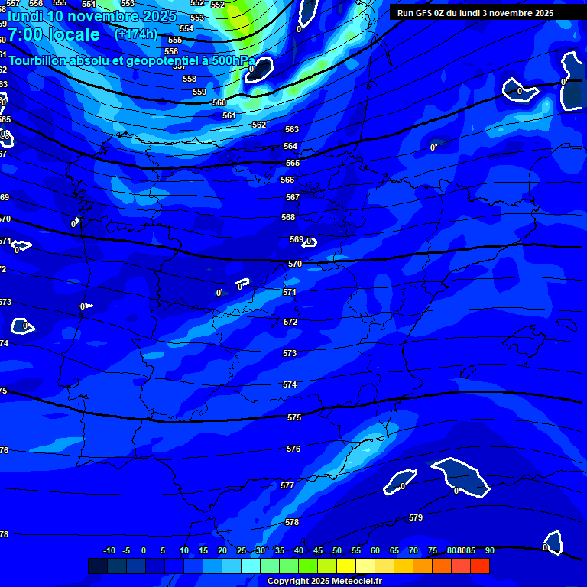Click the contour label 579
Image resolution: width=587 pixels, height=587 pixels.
416,517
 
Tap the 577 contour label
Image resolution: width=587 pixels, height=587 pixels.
287,485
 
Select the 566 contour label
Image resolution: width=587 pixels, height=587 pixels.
287,180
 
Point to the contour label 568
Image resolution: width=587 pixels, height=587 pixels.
288,217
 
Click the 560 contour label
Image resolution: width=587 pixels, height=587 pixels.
219,102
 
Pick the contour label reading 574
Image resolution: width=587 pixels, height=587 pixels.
290,384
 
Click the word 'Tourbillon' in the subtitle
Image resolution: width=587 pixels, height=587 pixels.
38,60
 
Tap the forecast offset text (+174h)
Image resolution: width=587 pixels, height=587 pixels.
135,34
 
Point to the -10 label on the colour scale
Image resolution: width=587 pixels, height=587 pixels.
109,550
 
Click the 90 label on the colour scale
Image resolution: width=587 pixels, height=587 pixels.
489,550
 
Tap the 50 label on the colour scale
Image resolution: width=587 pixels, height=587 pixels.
337,550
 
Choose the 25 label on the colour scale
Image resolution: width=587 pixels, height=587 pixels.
242,550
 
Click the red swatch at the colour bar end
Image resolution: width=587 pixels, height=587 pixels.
480,566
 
